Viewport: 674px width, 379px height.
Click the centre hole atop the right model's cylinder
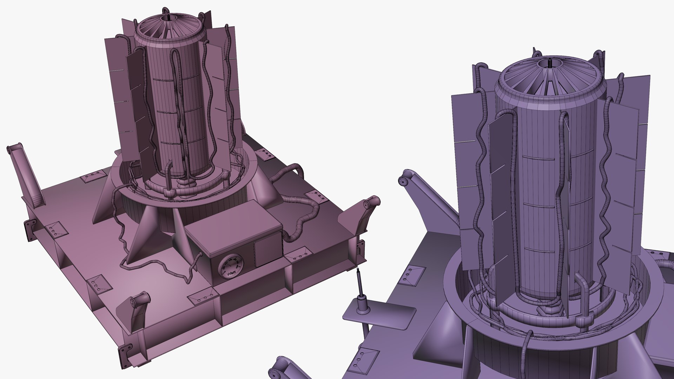point(549,64)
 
